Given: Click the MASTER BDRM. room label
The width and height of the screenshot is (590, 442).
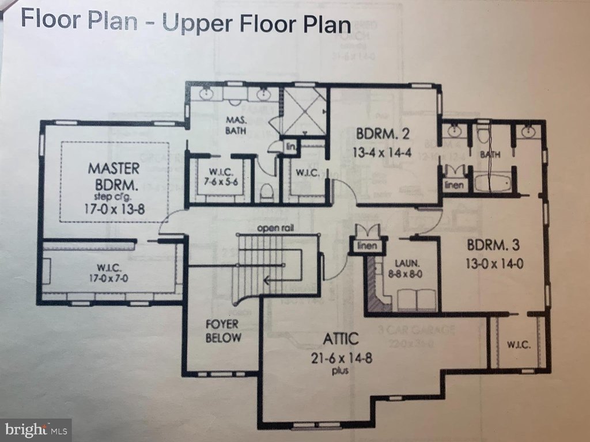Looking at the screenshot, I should coord(114,177).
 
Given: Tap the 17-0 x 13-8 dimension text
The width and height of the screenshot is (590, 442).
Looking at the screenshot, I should coord(114,209).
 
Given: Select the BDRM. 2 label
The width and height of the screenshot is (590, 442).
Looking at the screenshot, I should coord(383,135).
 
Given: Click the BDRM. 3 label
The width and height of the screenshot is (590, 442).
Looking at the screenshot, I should coord(493,244).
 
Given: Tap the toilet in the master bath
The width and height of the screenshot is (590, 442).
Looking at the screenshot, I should coord(266,192).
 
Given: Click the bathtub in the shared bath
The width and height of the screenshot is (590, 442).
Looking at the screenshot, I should coord(493,184).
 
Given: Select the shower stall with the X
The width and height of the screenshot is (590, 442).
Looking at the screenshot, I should coord(304,110).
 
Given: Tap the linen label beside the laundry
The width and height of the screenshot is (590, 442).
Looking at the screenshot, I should coord(366,246).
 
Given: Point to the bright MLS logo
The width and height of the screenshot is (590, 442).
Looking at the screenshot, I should coord(35,429).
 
